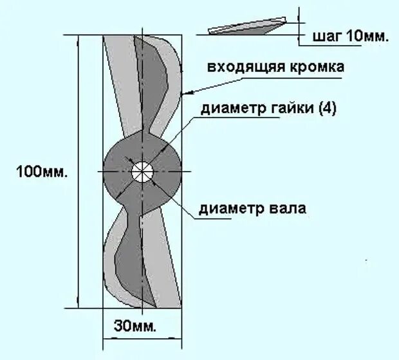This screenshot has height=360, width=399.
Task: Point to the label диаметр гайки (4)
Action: coord(269,109)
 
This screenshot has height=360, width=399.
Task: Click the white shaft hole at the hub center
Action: coord(142,172)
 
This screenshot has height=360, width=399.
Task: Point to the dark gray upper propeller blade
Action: coord(150,84)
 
